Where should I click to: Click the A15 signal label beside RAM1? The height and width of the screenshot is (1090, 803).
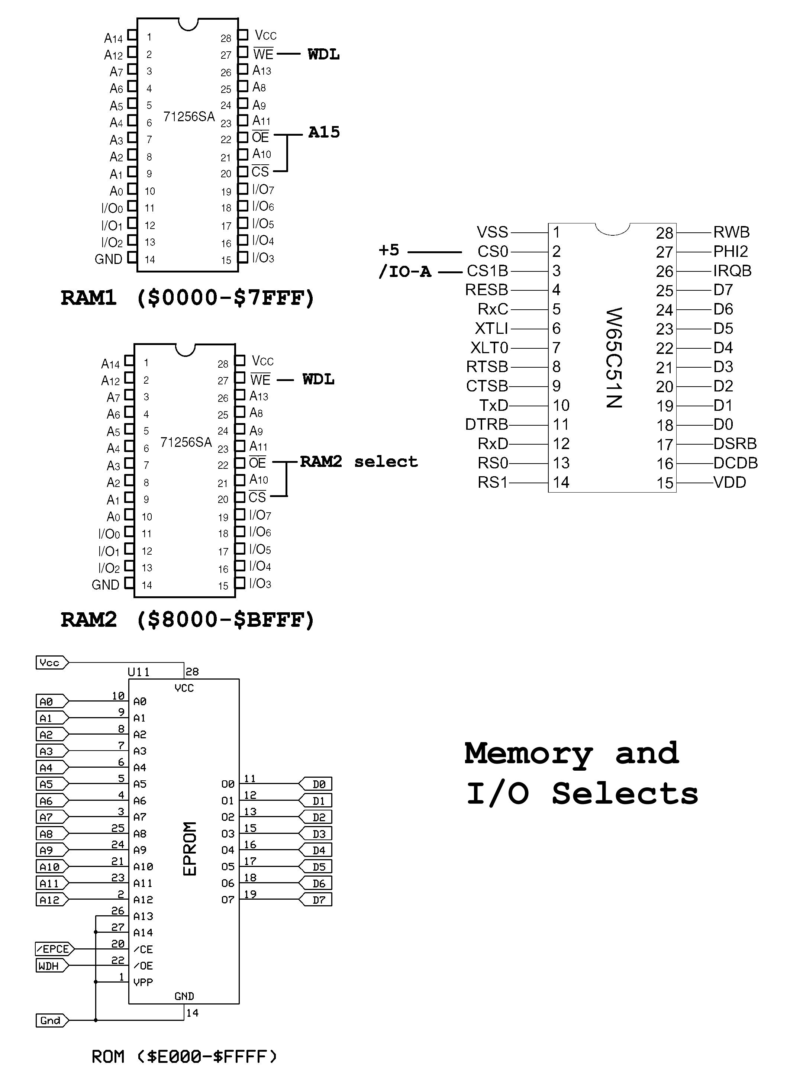pos(324,132)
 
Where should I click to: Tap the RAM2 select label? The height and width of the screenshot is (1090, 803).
pos(359,461)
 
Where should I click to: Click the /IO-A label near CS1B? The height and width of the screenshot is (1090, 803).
pos(405,271)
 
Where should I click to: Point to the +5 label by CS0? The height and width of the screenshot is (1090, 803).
pos(389,250)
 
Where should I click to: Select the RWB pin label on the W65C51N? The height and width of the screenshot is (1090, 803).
pos(731,232)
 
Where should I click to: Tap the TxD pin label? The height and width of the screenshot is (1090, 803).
pos(493,405)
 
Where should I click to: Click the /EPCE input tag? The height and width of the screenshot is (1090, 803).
pos(54,949)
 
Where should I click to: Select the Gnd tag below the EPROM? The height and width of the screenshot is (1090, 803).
pos(51,1020)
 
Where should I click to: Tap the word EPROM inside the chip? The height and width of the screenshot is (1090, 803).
pos(190,848)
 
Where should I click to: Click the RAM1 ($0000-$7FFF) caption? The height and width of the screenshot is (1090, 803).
pos(187,297)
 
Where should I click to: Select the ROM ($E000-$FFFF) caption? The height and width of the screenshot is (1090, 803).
pos(184,1056)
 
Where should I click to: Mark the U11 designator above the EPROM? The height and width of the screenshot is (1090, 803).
pos(139,672)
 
